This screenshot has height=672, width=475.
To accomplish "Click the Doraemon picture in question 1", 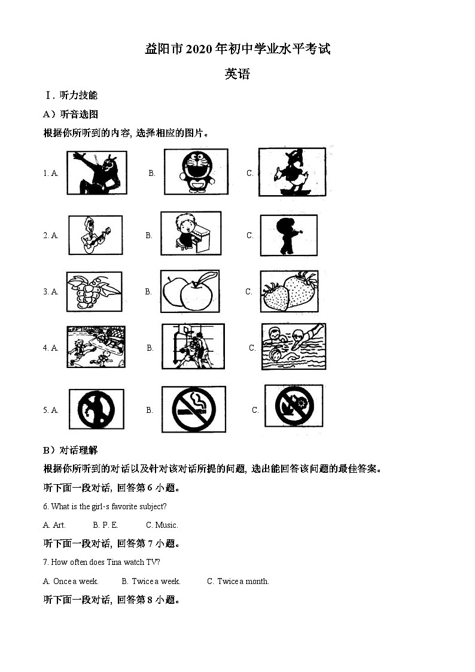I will coord(196,171).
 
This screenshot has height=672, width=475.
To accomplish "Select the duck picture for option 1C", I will coord(292,172).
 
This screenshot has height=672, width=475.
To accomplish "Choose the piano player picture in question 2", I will coord(190,233).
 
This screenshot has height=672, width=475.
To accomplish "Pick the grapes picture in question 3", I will coord(93,291).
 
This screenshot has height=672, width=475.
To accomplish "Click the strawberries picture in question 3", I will coord(289,291).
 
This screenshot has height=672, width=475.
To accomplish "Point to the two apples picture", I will coord(190,291).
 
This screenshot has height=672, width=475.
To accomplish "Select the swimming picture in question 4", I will coord(293,346).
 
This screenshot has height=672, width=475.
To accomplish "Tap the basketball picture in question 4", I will coord(193,346).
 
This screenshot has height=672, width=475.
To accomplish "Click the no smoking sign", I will coord(193,409).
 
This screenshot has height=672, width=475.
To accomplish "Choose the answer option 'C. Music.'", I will coord(162,525).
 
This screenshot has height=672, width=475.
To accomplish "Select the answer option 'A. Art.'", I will coord(54,525).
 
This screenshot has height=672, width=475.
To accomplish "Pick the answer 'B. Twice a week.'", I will coord(151,581).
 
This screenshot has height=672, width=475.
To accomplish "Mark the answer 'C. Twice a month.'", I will coord(238,581).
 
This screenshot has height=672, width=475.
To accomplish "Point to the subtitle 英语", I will coord(237,74).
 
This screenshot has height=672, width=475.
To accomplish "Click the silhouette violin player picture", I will coord(288,235).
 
